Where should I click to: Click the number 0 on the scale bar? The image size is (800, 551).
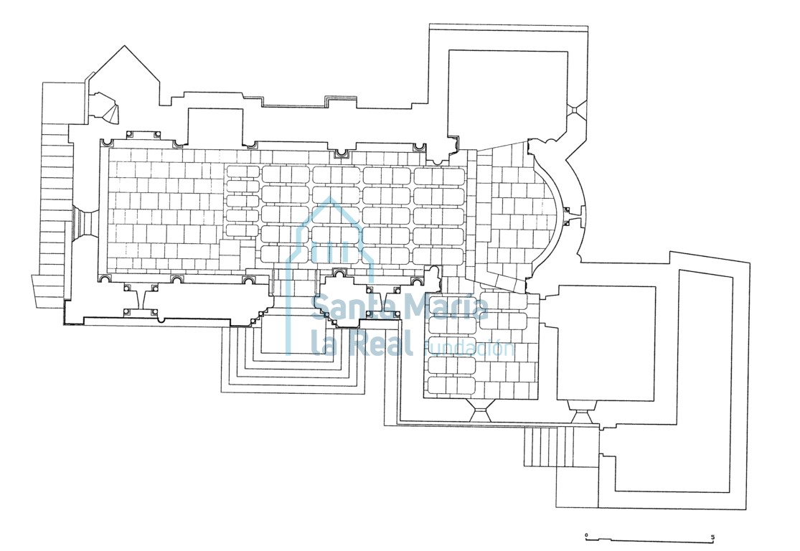[x=586, y=535]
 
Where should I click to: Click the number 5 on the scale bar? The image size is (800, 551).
[x=712, y=536]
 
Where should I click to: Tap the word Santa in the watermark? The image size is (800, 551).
[x=347, y=307]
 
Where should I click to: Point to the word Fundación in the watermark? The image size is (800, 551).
[x=469, y=349]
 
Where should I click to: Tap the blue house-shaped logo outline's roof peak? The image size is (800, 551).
[x=329, y=199]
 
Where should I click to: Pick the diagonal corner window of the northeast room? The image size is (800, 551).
[x=575, y=109]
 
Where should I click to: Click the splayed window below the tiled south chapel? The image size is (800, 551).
[x=479, y=411]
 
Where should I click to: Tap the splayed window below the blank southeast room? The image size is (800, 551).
[x=580, y=413]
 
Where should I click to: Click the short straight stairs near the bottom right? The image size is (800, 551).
[x=560, y=446]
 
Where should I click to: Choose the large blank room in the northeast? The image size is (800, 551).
[x=508, y=93]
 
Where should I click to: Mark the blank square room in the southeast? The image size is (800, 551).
[x=606, y=343]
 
